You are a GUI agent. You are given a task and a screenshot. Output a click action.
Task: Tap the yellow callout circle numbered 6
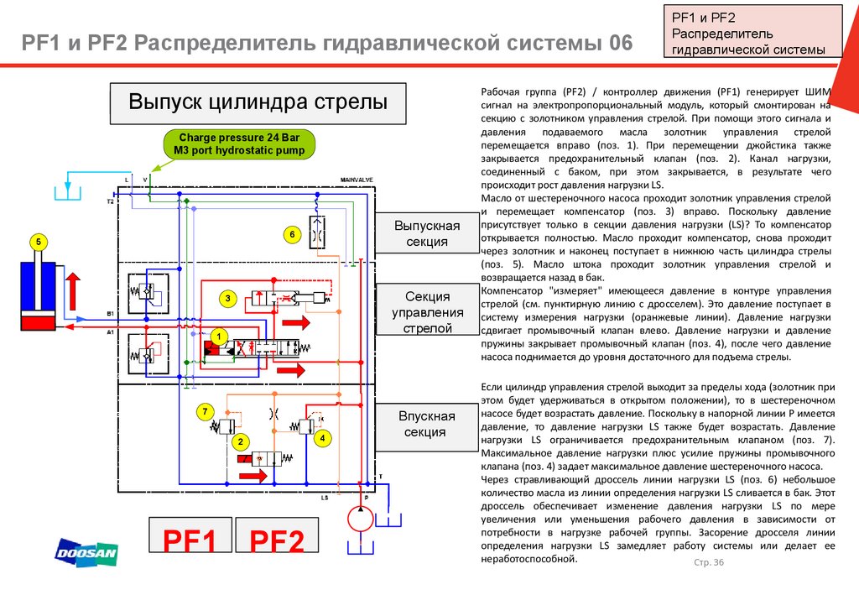[292, 234]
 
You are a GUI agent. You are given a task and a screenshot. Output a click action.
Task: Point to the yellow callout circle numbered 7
[204, 410]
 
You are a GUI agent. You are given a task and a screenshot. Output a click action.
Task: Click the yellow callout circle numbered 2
[241, 441]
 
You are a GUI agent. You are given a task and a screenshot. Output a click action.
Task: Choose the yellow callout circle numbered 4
[321, 437]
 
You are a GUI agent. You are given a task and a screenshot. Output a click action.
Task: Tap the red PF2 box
[278, 540]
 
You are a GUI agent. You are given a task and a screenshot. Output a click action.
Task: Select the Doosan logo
[86, 551]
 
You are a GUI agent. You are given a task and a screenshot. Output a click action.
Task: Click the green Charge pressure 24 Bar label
[239, 144]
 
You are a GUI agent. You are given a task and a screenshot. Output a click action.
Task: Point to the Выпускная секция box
[428, 234]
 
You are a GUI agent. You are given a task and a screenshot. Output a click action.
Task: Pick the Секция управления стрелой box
[428, 312]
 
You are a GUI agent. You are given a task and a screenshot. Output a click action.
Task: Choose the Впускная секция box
[427, 424]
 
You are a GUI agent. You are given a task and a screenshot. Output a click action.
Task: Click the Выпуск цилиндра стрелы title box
[258, 103]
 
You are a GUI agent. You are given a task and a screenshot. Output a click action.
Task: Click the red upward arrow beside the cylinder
[73, 290]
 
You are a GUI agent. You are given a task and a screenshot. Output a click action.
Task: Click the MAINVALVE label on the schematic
[357, 180]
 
